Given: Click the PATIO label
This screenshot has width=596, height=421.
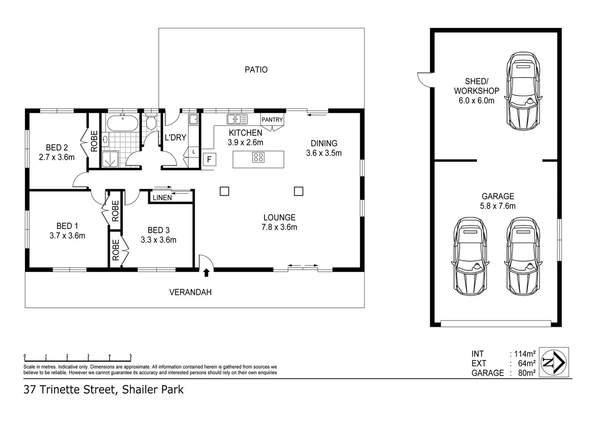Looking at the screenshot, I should [256, 70].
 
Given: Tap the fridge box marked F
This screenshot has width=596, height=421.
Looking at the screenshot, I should [209, 159].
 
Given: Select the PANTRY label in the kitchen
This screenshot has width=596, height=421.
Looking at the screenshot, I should [272, 120].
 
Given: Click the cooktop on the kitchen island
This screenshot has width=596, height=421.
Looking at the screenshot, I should [258, 157].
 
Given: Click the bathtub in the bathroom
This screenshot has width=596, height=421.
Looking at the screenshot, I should [122, 123].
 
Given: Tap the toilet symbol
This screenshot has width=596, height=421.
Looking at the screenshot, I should [151, 122].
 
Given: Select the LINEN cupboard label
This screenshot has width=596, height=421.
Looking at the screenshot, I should [162, 198].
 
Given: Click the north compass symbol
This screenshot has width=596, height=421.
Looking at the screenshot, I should [554, 362].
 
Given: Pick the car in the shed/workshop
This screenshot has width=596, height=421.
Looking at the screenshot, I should [523, 91].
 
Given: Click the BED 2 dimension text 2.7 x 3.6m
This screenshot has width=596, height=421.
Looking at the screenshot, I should [57, 157].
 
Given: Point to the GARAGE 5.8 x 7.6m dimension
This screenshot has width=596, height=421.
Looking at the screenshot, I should [498, 206].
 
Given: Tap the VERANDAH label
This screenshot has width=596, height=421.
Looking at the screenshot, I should [190, 292].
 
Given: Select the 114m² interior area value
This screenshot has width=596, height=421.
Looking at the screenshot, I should [525, 354].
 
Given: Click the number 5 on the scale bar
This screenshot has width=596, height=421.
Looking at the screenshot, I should [131, 356].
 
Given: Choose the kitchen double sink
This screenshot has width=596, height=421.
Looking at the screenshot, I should [237, 119].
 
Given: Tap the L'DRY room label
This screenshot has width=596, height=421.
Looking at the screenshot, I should [175, 138].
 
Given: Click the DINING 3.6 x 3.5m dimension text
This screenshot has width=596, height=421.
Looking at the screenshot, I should [324, 153].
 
